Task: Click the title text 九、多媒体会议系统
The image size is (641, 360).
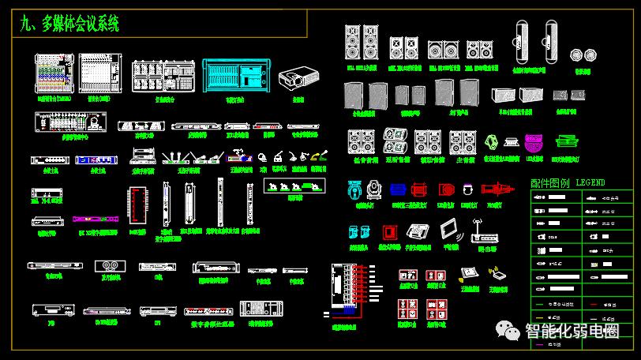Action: click(70, 24)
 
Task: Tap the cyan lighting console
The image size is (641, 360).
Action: click(236, 77)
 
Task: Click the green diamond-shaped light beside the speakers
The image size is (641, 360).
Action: click(491, 142)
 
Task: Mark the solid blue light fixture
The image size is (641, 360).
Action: click(398, 189)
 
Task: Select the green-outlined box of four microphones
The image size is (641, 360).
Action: click(294, 186)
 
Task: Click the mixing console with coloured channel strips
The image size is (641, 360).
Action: click(55, 75)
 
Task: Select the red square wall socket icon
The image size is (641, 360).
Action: click(388, 232)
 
